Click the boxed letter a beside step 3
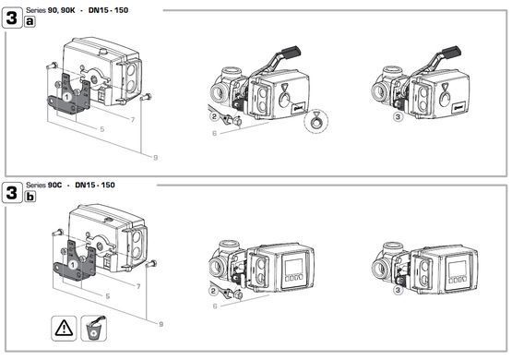coord(30,21)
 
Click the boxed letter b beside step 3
coord(30,196)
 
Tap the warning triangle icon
coord(64,328)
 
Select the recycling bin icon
coord(94,328)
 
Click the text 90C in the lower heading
coord(54,185)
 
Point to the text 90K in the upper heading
coord(67,10)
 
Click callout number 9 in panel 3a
coord(155,158)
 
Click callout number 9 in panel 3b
coord(161,324)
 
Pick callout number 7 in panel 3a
coord(133,120)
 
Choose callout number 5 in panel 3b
coord(107,296)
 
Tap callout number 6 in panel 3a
coord(215,133)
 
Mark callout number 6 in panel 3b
coord(215,306)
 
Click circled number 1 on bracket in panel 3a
coord(67,97)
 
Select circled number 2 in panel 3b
coord(213,291)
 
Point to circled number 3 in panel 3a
coord(398,116)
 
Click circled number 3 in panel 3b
coord(398,290)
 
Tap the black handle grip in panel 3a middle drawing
coord(291,53)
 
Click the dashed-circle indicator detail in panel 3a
coord(316,121)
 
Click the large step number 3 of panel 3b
coord(12,192)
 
